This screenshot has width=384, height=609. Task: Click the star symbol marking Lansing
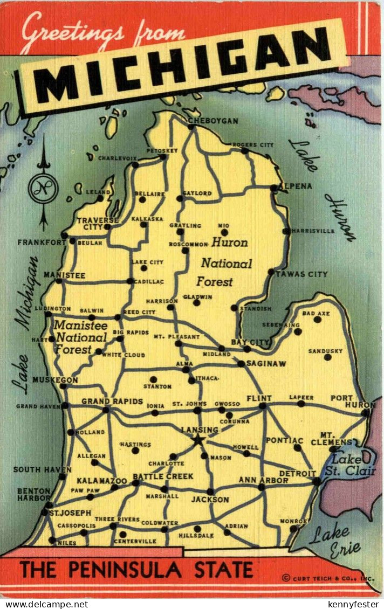[x=198, y=440]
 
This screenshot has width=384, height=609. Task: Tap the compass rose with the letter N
[x=43, y=188]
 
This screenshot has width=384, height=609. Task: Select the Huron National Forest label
[x=223, y=262]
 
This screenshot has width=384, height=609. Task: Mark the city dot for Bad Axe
[x=318, y=320]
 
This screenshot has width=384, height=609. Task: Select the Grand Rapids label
[x=112, y=402]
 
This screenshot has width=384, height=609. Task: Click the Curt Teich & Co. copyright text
[x=327, y=578]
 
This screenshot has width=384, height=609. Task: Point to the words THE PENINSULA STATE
[x=136, y=570]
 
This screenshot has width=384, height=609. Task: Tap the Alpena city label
[x=296, y=186]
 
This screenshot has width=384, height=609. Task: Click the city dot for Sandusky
[x=327, y=357]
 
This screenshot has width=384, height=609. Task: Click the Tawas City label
[x=301, y=274]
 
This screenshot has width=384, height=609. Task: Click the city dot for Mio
[x=223, y=232]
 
